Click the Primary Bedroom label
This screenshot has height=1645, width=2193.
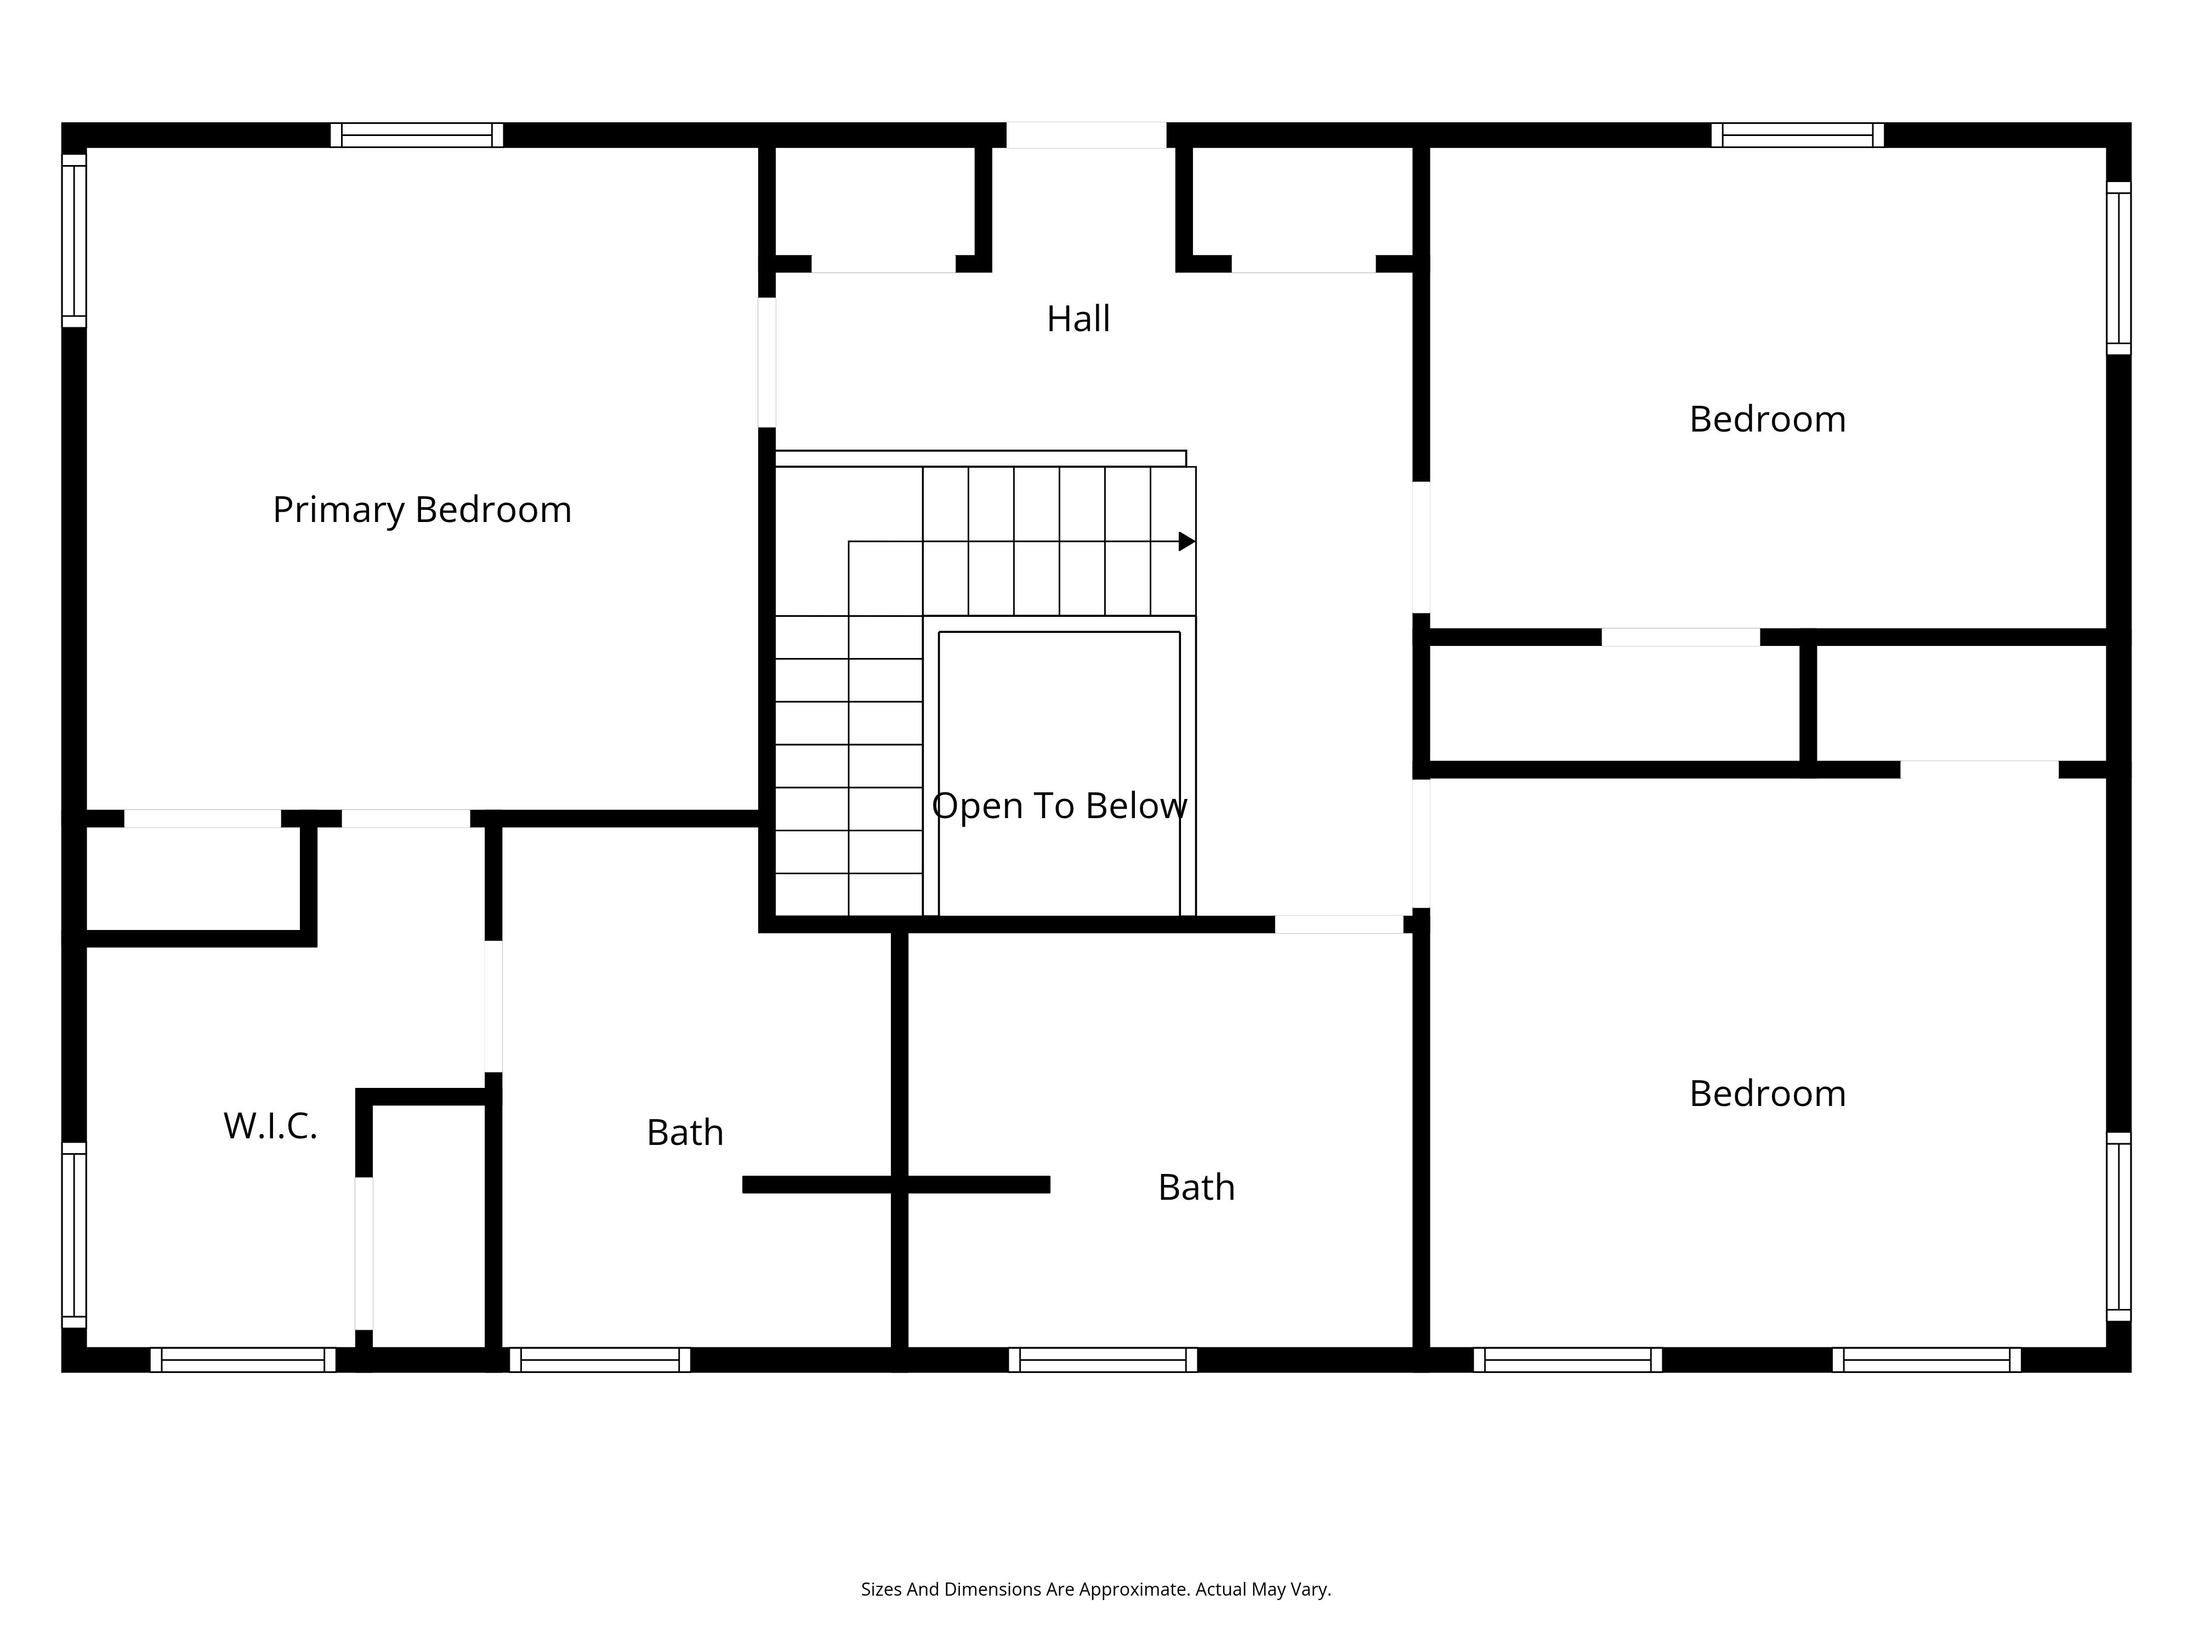click(422, 509)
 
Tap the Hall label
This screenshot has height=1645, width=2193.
click(1078, 318)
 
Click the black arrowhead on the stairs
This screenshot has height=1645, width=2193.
click(1187, 541)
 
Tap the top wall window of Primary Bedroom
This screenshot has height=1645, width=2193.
click(416, 135)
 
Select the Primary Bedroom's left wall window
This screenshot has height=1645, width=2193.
click(75, 240)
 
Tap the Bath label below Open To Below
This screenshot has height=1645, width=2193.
click(1197, 1188)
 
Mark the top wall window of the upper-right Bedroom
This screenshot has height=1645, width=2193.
click(1797, 135)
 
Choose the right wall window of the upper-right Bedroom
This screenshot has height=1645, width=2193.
click(2118, 268)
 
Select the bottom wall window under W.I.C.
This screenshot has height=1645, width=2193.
click(243, 1359)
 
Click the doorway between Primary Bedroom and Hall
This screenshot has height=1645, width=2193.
click(766, 362)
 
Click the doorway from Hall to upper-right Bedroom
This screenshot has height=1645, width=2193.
click(1421, 547)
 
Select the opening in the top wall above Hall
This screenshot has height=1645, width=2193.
click(1087, 135)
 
